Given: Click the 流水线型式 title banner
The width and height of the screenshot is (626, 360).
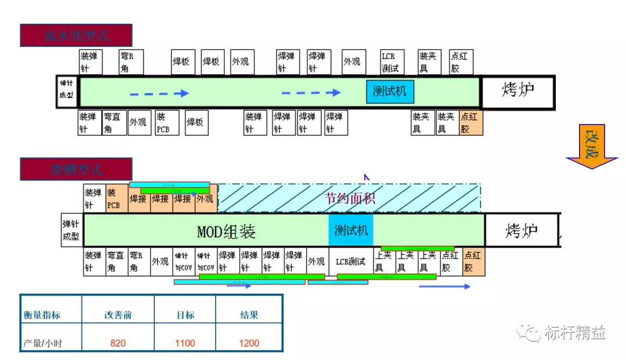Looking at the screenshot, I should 76,35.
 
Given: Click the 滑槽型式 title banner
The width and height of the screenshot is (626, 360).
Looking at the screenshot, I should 76,169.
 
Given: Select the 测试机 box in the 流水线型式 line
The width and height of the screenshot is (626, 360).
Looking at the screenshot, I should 390,92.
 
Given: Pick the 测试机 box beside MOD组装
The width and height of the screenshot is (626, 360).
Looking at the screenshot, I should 351,230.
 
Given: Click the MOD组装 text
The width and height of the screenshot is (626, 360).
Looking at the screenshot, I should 227,231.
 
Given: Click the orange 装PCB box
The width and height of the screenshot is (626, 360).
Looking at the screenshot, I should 117,198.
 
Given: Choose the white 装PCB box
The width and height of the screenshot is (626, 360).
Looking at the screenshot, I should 166,122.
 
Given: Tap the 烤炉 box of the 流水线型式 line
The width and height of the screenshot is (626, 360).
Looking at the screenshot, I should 518,91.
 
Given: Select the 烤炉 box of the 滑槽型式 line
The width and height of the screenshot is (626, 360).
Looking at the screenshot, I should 521,230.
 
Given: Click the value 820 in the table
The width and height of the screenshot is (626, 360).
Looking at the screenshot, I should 118,343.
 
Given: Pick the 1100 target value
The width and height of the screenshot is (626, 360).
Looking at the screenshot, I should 185,343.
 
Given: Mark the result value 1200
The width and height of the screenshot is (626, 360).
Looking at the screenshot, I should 249,343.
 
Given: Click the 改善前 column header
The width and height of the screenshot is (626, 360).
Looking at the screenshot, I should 118,315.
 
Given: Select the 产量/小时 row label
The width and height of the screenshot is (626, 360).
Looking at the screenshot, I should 43,343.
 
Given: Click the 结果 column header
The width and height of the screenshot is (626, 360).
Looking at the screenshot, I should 249,315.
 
